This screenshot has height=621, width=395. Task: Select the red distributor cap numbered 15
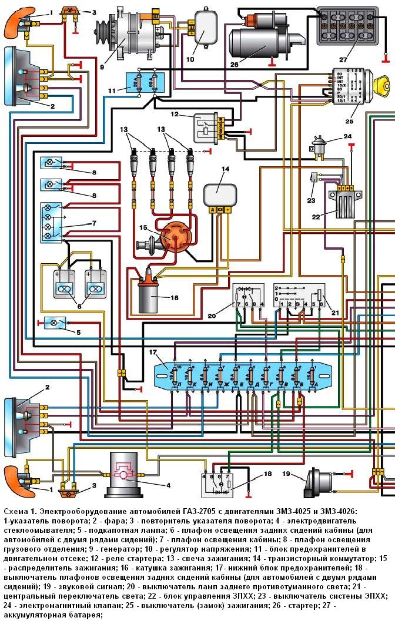173,237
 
